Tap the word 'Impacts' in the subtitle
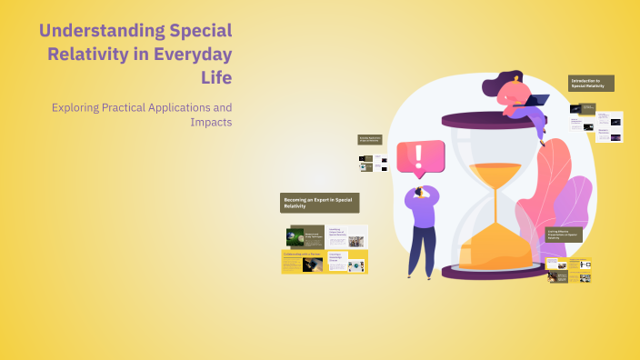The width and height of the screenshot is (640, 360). coord(210,122)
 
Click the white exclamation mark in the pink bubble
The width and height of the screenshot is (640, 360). coord(419,157)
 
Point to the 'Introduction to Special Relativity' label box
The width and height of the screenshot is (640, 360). coord(591,83)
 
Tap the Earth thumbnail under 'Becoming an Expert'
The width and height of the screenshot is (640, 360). coord(294,235)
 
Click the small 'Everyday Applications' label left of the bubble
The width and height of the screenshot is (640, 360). coord(370,141)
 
